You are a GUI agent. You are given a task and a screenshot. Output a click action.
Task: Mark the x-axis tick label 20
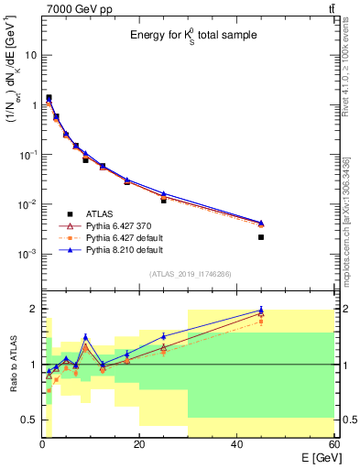139,445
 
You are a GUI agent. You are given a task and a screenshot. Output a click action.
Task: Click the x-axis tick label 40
236,445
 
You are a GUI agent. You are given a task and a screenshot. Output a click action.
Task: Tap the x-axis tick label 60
333,445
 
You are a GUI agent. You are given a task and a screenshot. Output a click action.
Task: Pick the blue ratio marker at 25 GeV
164,336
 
